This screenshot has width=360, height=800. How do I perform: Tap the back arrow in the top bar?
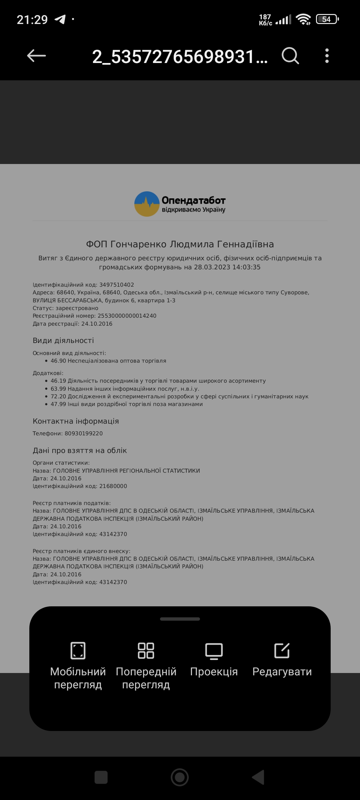click(36, 56)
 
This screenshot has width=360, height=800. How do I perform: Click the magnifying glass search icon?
click(290, 56)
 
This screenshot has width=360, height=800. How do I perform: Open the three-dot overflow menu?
click(327, 56)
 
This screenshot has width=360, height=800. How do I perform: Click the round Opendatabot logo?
click(147, 204)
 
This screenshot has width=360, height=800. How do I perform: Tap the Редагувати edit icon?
click(282, 650)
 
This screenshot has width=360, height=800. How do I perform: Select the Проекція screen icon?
click(214, 650)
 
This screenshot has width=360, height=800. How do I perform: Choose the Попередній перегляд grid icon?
click(146, 650)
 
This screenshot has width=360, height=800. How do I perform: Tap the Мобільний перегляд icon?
click(78, 650)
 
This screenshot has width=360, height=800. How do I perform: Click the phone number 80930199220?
click(84, 433)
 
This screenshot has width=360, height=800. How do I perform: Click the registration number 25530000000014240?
click(127, 316)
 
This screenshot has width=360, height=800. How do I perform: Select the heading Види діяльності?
click(63, 340)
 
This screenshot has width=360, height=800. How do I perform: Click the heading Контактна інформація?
click(76, 421)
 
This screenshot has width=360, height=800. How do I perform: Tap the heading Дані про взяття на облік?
click(80, 450)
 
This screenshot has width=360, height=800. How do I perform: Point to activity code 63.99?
click(58, 389)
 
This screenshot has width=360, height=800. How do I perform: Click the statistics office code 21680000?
click(113, 486)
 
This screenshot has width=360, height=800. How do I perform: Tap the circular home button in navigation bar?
click(180, 777)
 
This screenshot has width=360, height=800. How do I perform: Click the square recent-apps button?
click(101, 777)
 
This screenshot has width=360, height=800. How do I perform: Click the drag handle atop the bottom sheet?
click(180, 619)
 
